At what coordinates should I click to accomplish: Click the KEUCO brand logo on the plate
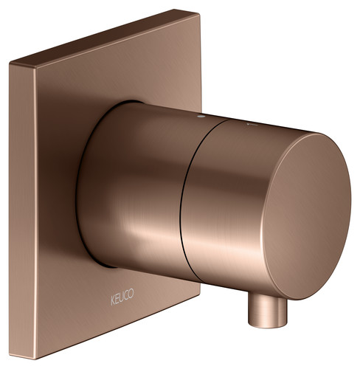click(122, 297)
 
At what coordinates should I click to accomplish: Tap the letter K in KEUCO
click(113, 300)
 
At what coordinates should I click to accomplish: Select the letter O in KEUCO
click(131, 293)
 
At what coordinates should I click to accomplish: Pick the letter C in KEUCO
click(126, 295)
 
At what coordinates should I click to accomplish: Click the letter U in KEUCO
click(122, 297)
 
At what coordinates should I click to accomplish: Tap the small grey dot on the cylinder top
click(201, 116)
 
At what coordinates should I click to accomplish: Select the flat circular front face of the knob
click(306, 216)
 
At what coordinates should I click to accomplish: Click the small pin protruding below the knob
click(268, 311)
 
